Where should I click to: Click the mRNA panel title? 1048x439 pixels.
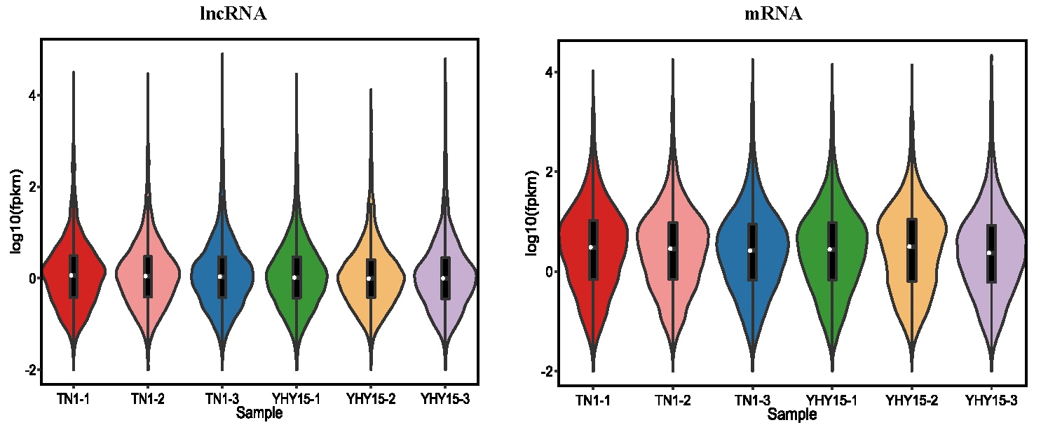point(773,14)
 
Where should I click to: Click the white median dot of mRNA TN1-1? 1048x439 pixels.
point(592,247)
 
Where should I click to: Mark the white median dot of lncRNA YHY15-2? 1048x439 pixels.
point(369,279)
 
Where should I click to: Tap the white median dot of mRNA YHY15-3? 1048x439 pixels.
point(989,253)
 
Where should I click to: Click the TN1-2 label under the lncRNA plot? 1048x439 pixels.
point(147,399)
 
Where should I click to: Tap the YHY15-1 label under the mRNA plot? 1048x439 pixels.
point(830,400)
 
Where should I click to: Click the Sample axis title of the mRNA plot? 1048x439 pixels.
point(791,414)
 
